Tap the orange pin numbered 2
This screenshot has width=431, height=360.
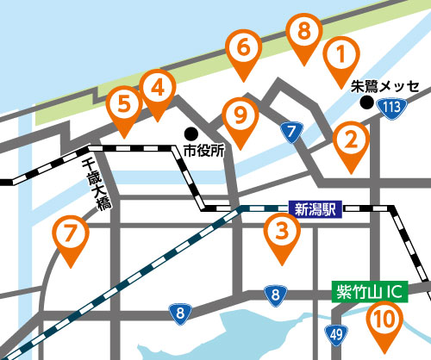click(x=350, y=140)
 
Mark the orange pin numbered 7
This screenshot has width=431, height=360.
click(x=70, y=235)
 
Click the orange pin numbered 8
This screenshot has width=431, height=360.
click(x=303, y=34)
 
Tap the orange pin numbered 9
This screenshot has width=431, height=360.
click(x=240, y=115)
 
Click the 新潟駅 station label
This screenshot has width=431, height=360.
click(x=318, y=208)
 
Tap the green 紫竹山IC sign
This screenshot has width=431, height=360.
click(x=369, y=290)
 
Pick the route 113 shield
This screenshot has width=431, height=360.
click(x=394, y=107)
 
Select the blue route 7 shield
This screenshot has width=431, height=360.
click(x=291, y=131)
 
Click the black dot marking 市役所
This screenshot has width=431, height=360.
click(x=191, y=133)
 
